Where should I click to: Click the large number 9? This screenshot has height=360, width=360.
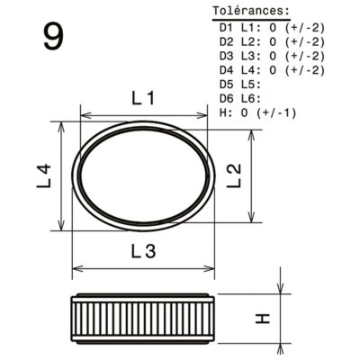(54, 37)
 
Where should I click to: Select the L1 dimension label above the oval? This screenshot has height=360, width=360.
(143, 98)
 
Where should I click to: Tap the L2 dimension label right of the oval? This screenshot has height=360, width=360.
(234, 175)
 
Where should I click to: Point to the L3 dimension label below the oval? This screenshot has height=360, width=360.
(144, 251)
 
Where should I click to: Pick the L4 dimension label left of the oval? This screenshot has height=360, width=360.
(44, 176)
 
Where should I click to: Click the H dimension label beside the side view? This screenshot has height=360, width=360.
(263, 319)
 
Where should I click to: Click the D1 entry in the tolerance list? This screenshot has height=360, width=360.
(227, 28)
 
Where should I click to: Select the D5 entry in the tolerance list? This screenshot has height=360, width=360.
(227, 85)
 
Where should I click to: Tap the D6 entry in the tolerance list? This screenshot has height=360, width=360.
(227, 99)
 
